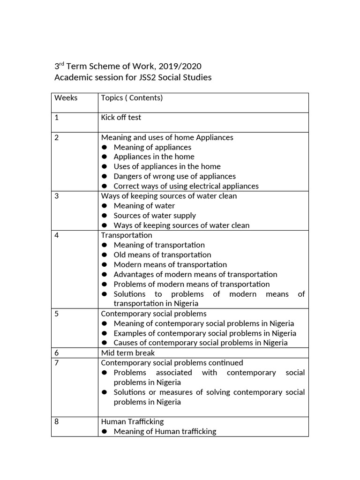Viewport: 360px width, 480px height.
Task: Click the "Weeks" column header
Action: point(66,98)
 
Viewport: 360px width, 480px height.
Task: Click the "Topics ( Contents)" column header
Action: point(132,98)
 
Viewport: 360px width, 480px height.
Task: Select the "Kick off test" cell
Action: point(121,118)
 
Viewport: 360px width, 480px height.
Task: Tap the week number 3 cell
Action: point(57,196)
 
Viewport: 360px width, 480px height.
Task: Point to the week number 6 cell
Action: point(57,352)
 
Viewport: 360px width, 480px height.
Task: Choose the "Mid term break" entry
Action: point(128,352)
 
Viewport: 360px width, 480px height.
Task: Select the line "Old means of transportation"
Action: point(162,255)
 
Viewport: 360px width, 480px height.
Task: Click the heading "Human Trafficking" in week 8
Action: point(132,421)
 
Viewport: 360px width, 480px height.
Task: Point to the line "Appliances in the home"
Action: point(154,157)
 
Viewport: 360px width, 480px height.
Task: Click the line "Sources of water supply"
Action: point(155,216)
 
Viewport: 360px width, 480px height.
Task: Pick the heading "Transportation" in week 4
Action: point(127,235)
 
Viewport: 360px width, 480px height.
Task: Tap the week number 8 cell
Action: point(57,421)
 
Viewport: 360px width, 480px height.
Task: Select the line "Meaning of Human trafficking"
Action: point(165,431)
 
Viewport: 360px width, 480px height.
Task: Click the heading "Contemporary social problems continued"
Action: point(172,363)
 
